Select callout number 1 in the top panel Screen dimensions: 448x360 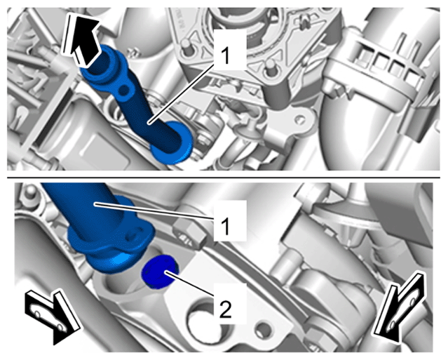coord(226,55)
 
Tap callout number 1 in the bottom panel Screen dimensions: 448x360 coord(226,226)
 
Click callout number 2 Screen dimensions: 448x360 coord(226,309)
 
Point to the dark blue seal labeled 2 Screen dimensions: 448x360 coord(160,272)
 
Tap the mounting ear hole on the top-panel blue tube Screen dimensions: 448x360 coord(123,91)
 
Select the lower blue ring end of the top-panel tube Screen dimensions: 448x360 coord(172,142)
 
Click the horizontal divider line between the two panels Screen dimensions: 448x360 coord(224,178)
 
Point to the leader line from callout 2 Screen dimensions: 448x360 coord(189,284)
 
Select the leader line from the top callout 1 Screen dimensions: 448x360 coord(181,94)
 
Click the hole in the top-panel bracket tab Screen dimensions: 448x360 coord(299,118)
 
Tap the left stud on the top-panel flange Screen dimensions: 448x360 coord(186,46)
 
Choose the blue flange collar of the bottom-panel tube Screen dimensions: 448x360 coord(111,246)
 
